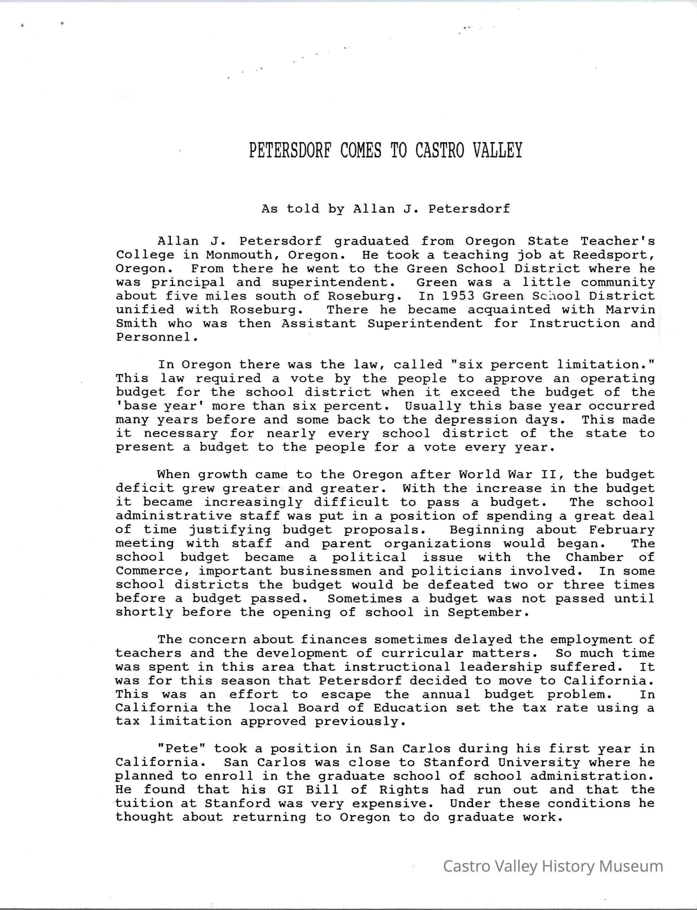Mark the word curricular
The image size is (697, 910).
pyautogui.click(x=422, y=653)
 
